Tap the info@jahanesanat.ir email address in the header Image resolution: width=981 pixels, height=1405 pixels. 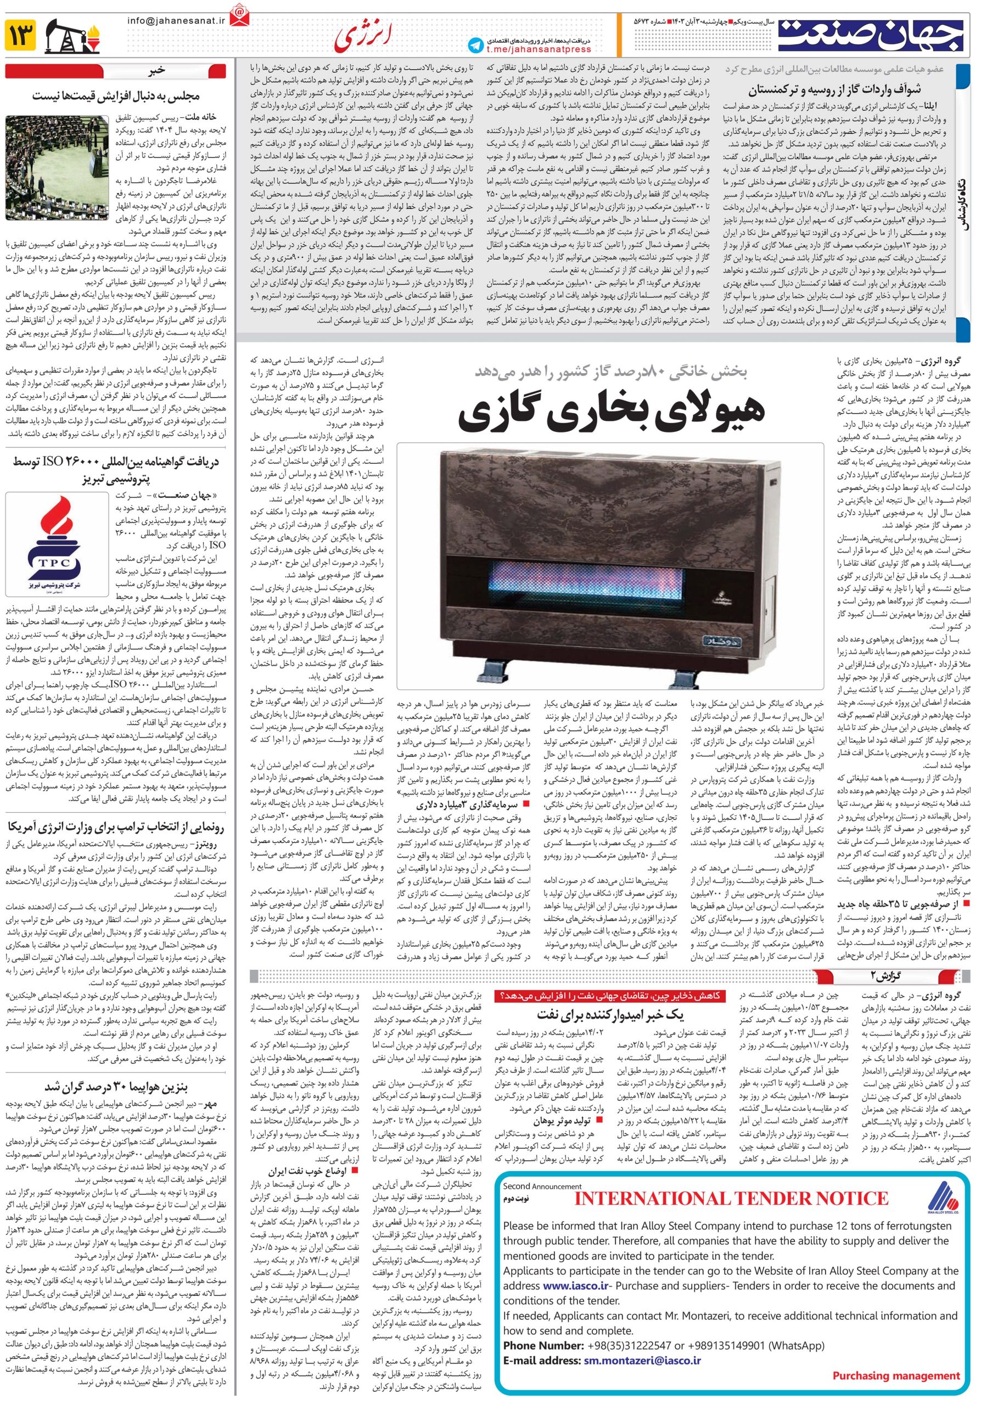point(177,20)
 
